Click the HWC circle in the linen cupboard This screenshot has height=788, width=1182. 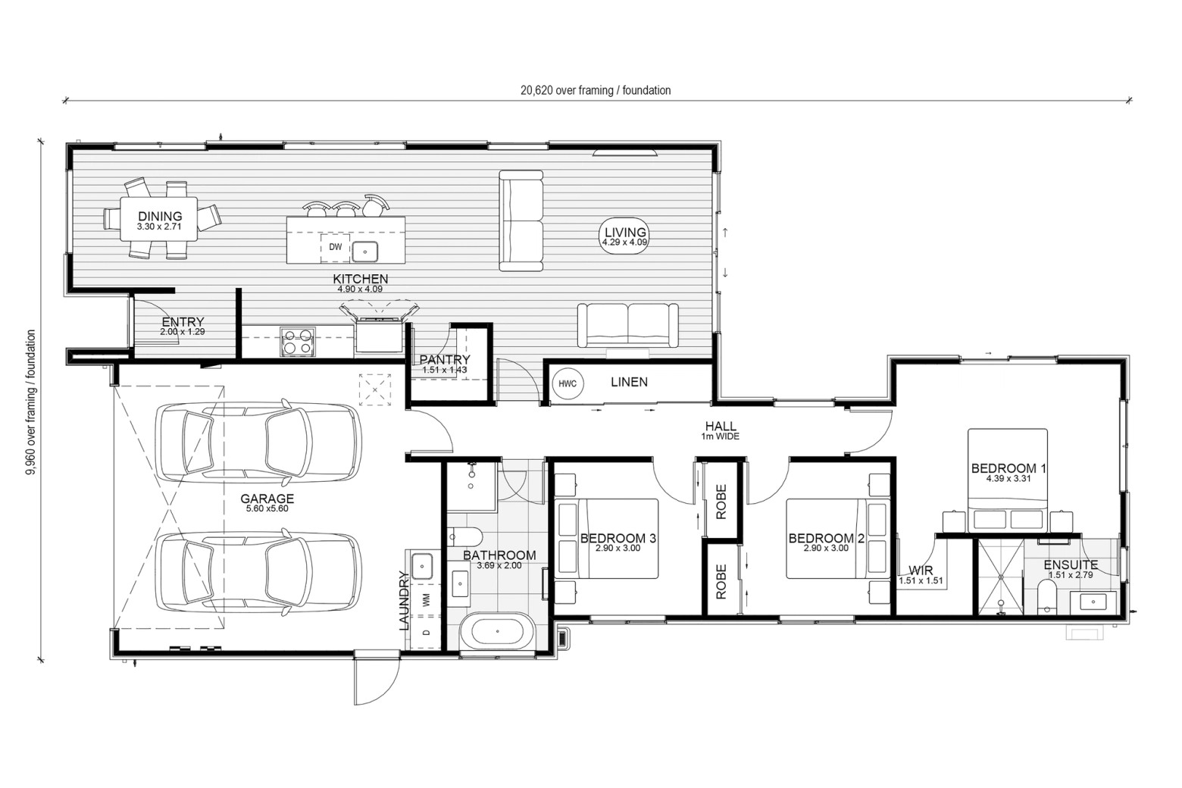[568, 383]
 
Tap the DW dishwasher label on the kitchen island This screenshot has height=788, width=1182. [335, 247]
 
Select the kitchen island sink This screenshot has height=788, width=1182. [364, 252]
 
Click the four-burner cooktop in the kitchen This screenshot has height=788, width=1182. [298, 342]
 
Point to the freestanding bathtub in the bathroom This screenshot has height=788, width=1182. [498, 631]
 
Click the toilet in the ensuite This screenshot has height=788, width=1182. [1046, 597]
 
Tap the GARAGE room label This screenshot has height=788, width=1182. [267, 499]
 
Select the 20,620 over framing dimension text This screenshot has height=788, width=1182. [596, 90]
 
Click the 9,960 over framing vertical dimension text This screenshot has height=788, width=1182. [30, 402]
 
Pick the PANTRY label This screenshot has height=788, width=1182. [444, 359]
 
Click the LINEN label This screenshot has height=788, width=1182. [629, 382]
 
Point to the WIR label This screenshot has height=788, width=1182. [921, 570]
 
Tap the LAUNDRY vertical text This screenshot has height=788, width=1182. [404, 601]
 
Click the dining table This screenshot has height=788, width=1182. [159, 219]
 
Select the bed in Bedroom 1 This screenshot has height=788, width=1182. [1007, 480]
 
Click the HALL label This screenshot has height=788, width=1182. [721, 426]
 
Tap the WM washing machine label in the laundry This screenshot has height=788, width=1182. [427, 599]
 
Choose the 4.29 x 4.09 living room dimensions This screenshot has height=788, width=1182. [625, 242]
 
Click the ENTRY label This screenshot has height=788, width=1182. [183, 322]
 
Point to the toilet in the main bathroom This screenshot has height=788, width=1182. [465, 537]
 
